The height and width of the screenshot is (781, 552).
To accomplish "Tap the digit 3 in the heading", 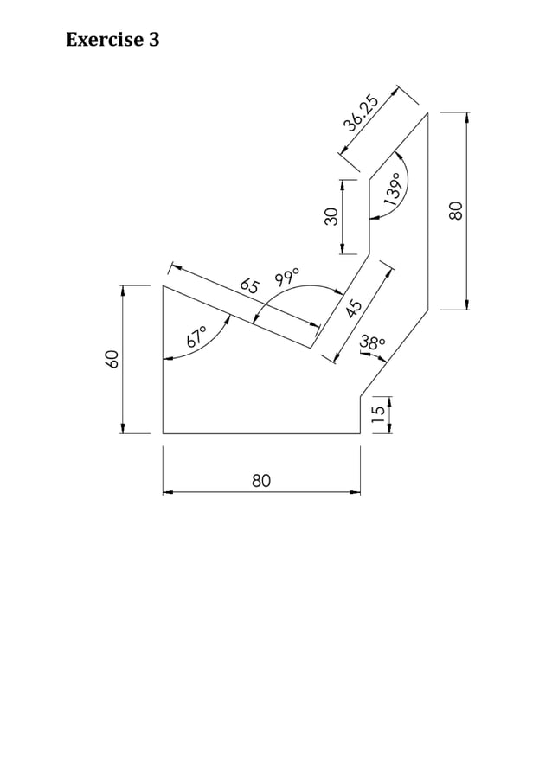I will (x=154, y=40).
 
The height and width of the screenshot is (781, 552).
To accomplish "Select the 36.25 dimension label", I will (x=361, y=112).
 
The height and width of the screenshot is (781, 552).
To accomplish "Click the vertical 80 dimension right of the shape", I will (x=457, y=210).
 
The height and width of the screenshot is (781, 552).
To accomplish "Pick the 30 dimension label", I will (x=330, y=216).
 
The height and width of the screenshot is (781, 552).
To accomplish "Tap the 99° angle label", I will (x=287, y=278).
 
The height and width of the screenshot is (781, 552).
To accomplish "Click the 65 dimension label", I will (x=251, y=285).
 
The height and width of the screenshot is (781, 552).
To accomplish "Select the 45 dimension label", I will (x=353, y=309).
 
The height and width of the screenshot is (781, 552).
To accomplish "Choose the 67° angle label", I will (x=196, y=336).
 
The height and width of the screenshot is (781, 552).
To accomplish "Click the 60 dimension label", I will (x=111, y=359).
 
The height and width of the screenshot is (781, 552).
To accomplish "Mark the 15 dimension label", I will (x=377, y=414).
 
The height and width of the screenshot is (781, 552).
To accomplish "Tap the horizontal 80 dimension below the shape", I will (x=261, y=480).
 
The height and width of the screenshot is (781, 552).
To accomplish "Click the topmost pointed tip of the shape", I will (x=428, y=112).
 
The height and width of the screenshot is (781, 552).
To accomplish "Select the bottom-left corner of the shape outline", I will (x=163, y=432).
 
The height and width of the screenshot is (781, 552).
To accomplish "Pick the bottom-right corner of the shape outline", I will (x=360, y=432).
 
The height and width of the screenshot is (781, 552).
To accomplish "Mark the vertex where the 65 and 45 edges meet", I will (x=311, y=348).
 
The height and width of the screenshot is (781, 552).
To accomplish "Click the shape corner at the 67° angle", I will (x=163, y=285).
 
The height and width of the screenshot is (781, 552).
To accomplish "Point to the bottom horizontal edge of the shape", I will (x=260, y=432).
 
